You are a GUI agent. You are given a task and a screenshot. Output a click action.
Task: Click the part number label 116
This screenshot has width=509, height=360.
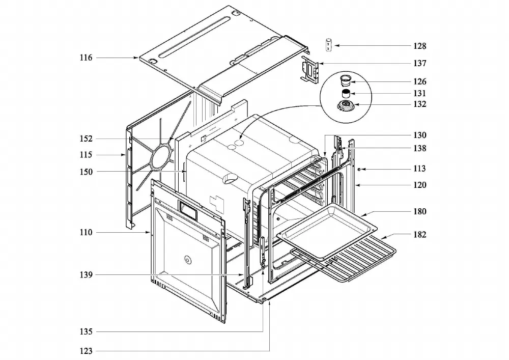point(86,58)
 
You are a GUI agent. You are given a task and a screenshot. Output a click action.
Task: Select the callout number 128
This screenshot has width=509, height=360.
point(420,46)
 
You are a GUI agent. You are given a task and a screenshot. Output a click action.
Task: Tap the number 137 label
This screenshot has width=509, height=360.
point(420,63)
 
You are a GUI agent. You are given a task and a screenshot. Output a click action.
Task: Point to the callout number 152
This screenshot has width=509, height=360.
point(86,139)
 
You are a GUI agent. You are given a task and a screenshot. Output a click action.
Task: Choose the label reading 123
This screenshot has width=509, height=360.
point(86,351)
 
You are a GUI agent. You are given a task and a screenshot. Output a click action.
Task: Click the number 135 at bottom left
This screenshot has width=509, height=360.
point(86,332)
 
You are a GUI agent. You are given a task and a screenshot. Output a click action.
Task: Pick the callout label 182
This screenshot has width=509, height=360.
point(420,234)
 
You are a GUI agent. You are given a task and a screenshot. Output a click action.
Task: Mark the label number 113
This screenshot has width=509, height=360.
point(420,169)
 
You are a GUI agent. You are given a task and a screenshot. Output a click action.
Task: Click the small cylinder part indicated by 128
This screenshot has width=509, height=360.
point(329,45)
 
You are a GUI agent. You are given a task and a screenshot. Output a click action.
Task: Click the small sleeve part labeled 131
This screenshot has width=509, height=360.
point(346,94)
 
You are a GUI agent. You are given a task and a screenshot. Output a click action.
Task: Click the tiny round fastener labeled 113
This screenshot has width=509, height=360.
point(359,170)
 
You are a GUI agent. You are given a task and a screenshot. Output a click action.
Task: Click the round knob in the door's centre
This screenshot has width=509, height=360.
point(187,259)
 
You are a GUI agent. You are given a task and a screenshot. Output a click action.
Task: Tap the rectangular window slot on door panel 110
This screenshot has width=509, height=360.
point(188,211)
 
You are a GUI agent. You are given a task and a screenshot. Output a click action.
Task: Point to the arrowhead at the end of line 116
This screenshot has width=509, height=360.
point(136,58)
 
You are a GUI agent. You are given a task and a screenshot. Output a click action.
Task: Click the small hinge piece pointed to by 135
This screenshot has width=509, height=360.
point(263,253)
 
